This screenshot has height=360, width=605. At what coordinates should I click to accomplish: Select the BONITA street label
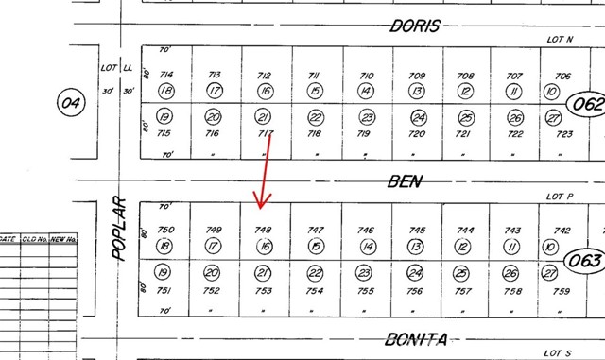point(416,337)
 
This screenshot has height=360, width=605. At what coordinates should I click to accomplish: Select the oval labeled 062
point(585,101)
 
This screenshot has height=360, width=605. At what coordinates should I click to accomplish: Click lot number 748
point(265,230)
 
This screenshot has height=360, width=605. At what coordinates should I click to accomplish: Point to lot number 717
point(266,134)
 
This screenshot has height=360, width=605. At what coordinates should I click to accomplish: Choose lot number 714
point(166,75)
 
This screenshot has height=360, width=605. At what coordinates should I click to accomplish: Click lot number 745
point(416,230)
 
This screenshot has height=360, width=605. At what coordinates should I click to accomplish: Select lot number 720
point(416,134)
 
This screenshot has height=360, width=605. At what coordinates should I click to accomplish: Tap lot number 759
point(562,290)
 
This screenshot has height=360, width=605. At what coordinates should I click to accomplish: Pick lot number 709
point(416,75)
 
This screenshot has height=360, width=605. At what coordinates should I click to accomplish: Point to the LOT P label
point(561,196)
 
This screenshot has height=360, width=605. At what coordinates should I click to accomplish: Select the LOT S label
point(561,352)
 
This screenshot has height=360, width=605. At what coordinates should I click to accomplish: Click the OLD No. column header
point(35,239)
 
